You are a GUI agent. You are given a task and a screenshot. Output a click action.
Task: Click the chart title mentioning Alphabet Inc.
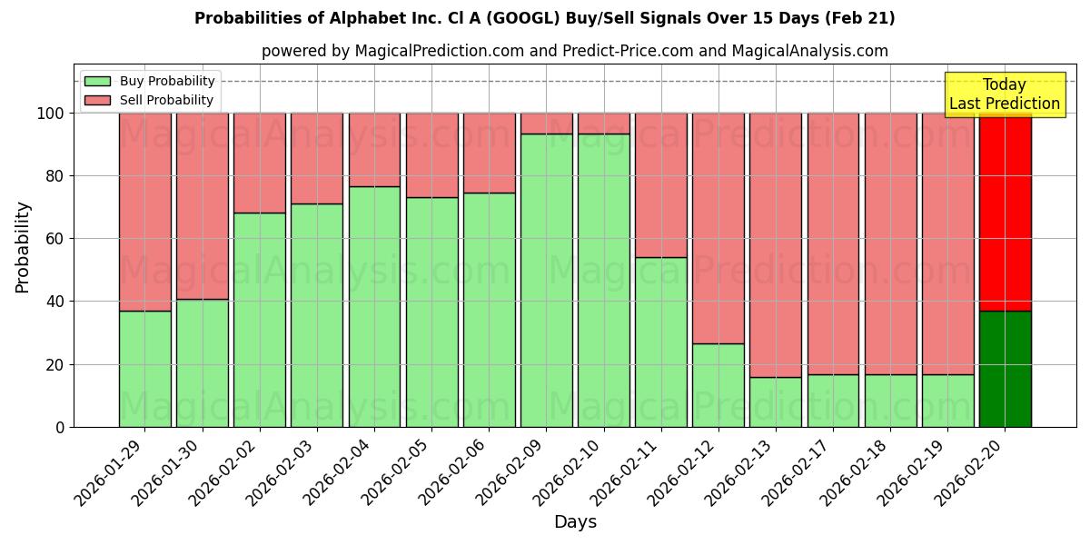[x=544, y=18]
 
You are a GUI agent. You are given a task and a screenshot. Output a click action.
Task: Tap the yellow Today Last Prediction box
[x=1004, y=94]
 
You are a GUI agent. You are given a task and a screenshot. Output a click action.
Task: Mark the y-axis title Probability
[x=23, y=247]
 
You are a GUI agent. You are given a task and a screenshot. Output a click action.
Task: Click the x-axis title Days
[x=575, y=522]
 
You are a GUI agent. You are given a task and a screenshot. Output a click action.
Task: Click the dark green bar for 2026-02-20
[x=1005, y=369]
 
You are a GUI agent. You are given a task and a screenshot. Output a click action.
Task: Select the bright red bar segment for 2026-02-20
[x=1005, y=212]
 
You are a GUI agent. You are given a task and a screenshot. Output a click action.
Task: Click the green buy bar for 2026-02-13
[x=776, y=401]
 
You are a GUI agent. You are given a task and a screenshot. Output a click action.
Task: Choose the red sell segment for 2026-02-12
[x=718, y=228]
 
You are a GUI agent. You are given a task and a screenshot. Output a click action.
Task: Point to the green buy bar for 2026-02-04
[x=374, y=306]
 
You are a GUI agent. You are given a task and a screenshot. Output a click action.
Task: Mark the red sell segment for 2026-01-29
[x=145, y=212]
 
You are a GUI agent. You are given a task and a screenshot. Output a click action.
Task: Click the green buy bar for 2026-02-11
[x=661, y=342]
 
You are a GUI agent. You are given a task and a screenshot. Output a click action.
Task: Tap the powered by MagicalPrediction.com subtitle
[x=574, y=51]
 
